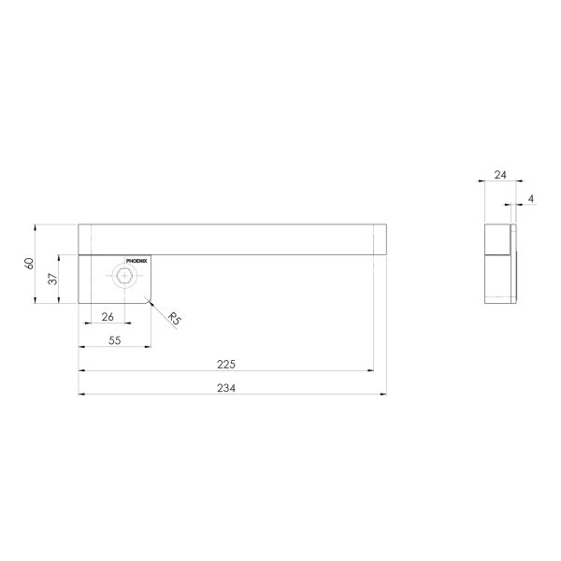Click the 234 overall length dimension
tap(226, 388)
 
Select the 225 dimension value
tap(226, 365)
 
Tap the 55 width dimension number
tap(114, 340)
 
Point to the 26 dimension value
tap(108, 317)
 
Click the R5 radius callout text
tap(174, 319)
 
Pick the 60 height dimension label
tap(29, 264)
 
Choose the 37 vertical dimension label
tap(52, 279)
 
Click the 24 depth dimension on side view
tap(500, 175)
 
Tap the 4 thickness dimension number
tap(531, 198)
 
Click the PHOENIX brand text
tap(137, 261)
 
